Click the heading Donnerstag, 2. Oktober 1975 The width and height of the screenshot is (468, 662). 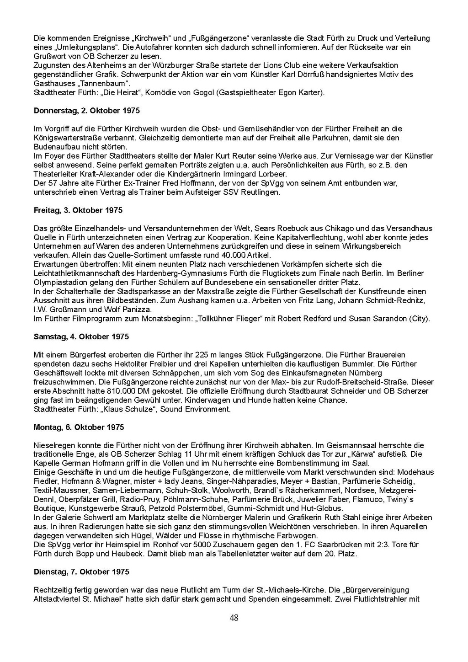87,111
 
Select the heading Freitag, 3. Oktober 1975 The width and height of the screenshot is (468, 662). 78,210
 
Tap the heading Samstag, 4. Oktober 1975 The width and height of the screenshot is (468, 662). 81,336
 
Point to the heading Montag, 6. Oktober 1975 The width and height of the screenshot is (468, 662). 79,427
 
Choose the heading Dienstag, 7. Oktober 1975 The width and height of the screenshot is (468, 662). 81,572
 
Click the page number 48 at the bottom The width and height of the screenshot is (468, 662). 234,618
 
